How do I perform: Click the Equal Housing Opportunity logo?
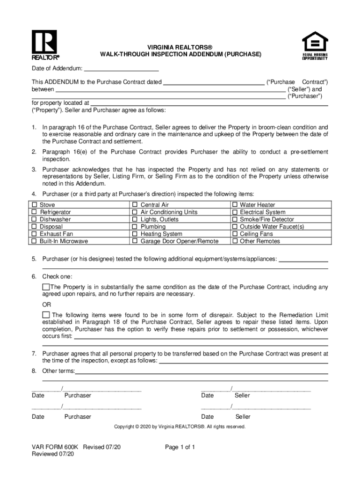(x=315, y=45)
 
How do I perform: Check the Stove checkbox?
(x=35, y=205)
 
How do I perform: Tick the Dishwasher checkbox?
(x=35, y=219)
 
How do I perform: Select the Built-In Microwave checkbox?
(x=35, y=241)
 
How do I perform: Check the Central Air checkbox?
(x=135, y=205)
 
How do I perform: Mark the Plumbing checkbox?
(x=135, y=227)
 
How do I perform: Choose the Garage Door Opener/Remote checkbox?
(x=135, y=241)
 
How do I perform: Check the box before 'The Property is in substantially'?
(x=46, y=287)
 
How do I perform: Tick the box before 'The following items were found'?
(x=46, y=315)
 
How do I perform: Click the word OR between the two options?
(x=47, y=305)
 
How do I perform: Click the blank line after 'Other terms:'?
(x=201, y=371)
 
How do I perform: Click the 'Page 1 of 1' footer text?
(x=180, y=447)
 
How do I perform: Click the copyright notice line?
(x=180, y=427)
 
